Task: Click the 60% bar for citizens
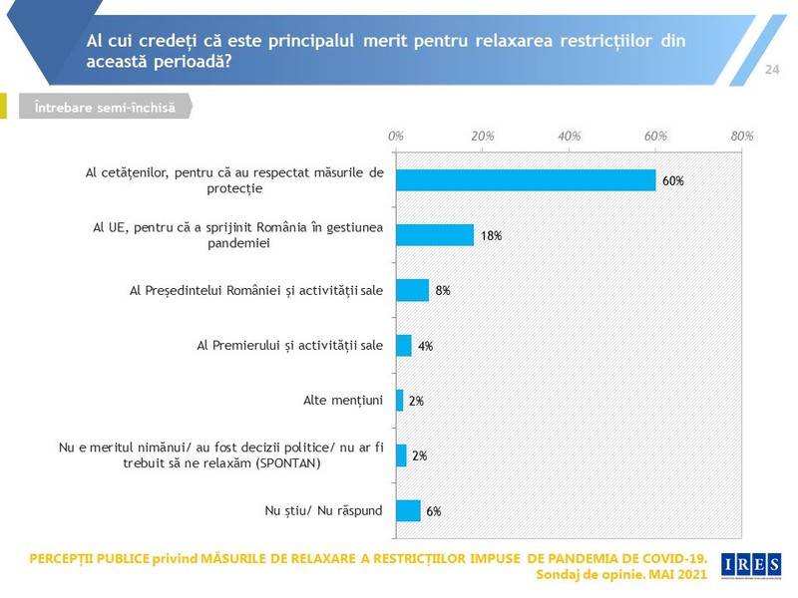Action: (x=526, y=180)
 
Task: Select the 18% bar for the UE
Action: (x=435, y=235)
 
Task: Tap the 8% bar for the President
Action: (x=413, y=290)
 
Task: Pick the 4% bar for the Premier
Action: (x=404, y=345)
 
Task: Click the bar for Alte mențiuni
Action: (x=400, y=401)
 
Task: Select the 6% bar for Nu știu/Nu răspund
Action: (x=409, y=510)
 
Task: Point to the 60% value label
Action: (x=672, y=181)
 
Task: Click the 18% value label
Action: (x=491, y=236)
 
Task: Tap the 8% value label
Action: (x=443, y=291)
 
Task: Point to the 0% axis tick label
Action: (x=395, y=136)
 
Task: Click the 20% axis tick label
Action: (x=483, y=136)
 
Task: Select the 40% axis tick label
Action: (x=569, y=136)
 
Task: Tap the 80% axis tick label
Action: (x=742, y=136)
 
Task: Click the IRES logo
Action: (x=751, y=565)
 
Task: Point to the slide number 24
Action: (x=772, y=70)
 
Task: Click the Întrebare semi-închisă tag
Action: (x=106, y=107)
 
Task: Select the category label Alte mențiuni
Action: (x=343, y=401)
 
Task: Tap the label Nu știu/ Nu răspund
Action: (x=323, y=510)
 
